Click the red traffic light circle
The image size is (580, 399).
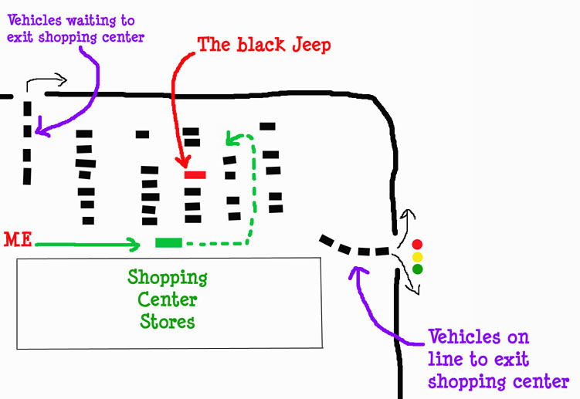click(417, 245)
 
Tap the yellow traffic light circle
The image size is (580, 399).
click(417, 257)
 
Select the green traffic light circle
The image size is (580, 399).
click(417, 269)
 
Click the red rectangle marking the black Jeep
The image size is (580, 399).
click(195, 175)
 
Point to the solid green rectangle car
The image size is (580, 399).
click(168, 243)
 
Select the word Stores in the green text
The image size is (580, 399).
click(168, 320)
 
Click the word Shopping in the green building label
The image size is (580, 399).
click(168, 276)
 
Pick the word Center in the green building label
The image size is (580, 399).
click(168, 299)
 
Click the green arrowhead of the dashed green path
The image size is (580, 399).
click(230, 140)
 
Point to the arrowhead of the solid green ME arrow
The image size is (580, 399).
click(135, 245)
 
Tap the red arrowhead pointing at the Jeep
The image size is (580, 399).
click(183, 162)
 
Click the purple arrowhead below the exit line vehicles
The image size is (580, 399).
click(355, 270)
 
